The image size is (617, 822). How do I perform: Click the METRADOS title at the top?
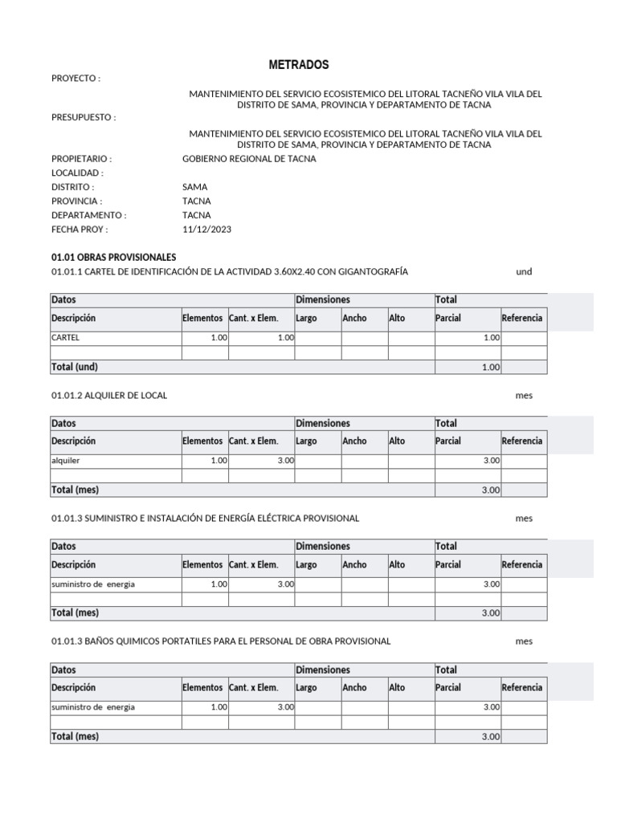[x=298, y=65]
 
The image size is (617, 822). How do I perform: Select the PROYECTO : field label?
[x=76, y=79]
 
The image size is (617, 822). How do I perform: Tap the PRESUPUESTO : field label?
[x=84, y=118]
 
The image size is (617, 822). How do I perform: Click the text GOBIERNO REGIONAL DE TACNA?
[x=249, y=159]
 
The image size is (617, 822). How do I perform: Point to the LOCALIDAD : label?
[x=77, y=173]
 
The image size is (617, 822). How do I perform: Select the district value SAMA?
[x=194, y=187]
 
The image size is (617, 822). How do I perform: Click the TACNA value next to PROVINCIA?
[x=197, y=201]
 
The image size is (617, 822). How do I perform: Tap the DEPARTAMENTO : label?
[x=88, y=215]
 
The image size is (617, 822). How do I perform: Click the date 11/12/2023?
[x=206, y=230]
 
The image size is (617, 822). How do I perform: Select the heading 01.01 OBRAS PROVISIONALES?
[x=113, y=257]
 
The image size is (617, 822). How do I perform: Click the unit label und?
[x=524, y=272]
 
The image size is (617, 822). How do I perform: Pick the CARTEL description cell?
[x=66, y=339]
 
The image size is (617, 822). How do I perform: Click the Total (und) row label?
[x=75, y=367]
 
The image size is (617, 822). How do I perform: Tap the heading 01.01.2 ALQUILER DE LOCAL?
[x=109, y=396]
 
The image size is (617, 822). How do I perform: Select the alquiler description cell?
[x=66, y=462]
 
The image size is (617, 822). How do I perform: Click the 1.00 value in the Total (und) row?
[x=491, y=368]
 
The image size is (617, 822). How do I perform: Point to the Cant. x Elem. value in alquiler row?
[x=285, y=462]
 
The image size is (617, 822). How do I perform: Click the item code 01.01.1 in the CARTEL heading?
[x=66, y=272]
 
